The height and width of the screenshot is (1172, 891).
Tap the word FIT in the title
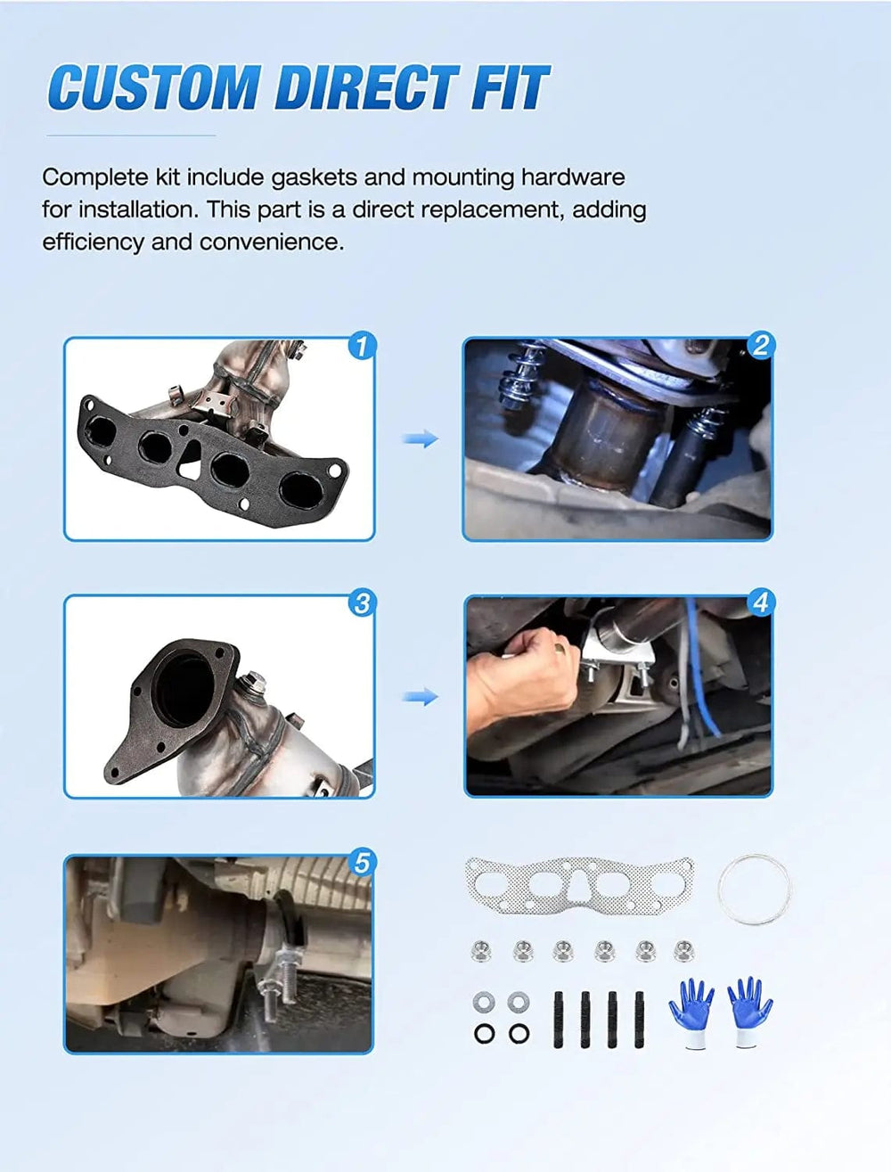(x=510, y=87)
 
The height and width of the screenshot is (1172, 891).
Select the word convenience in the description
(x=272, y=242)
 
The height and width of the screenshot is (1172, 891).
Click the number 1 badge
(x=363, y=346)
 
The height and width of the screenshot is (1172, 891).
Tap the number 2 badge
(x=761, y=346)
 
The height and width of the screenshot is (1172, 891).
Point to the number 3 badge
(x=363, y=603)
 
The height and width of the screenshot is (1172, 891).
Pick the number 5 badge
(x=363, y=863)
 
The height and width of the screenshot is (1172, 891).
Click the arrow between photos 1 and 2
(x=421, y=438)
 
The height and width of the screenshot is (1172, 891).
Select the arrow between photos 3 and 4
(x=421, y=697)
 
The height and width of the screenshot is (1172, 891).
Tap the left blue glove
(x=692, y=1012)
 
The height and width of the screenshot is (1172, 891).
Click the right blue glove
(x=749, y=1011)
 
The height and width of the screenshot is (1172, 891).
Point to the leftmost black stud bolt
(x=558, y=1020)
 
